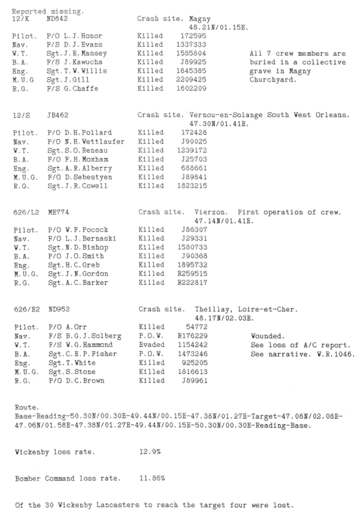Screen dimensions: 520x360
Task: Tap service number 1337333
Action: pos(190,45)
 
